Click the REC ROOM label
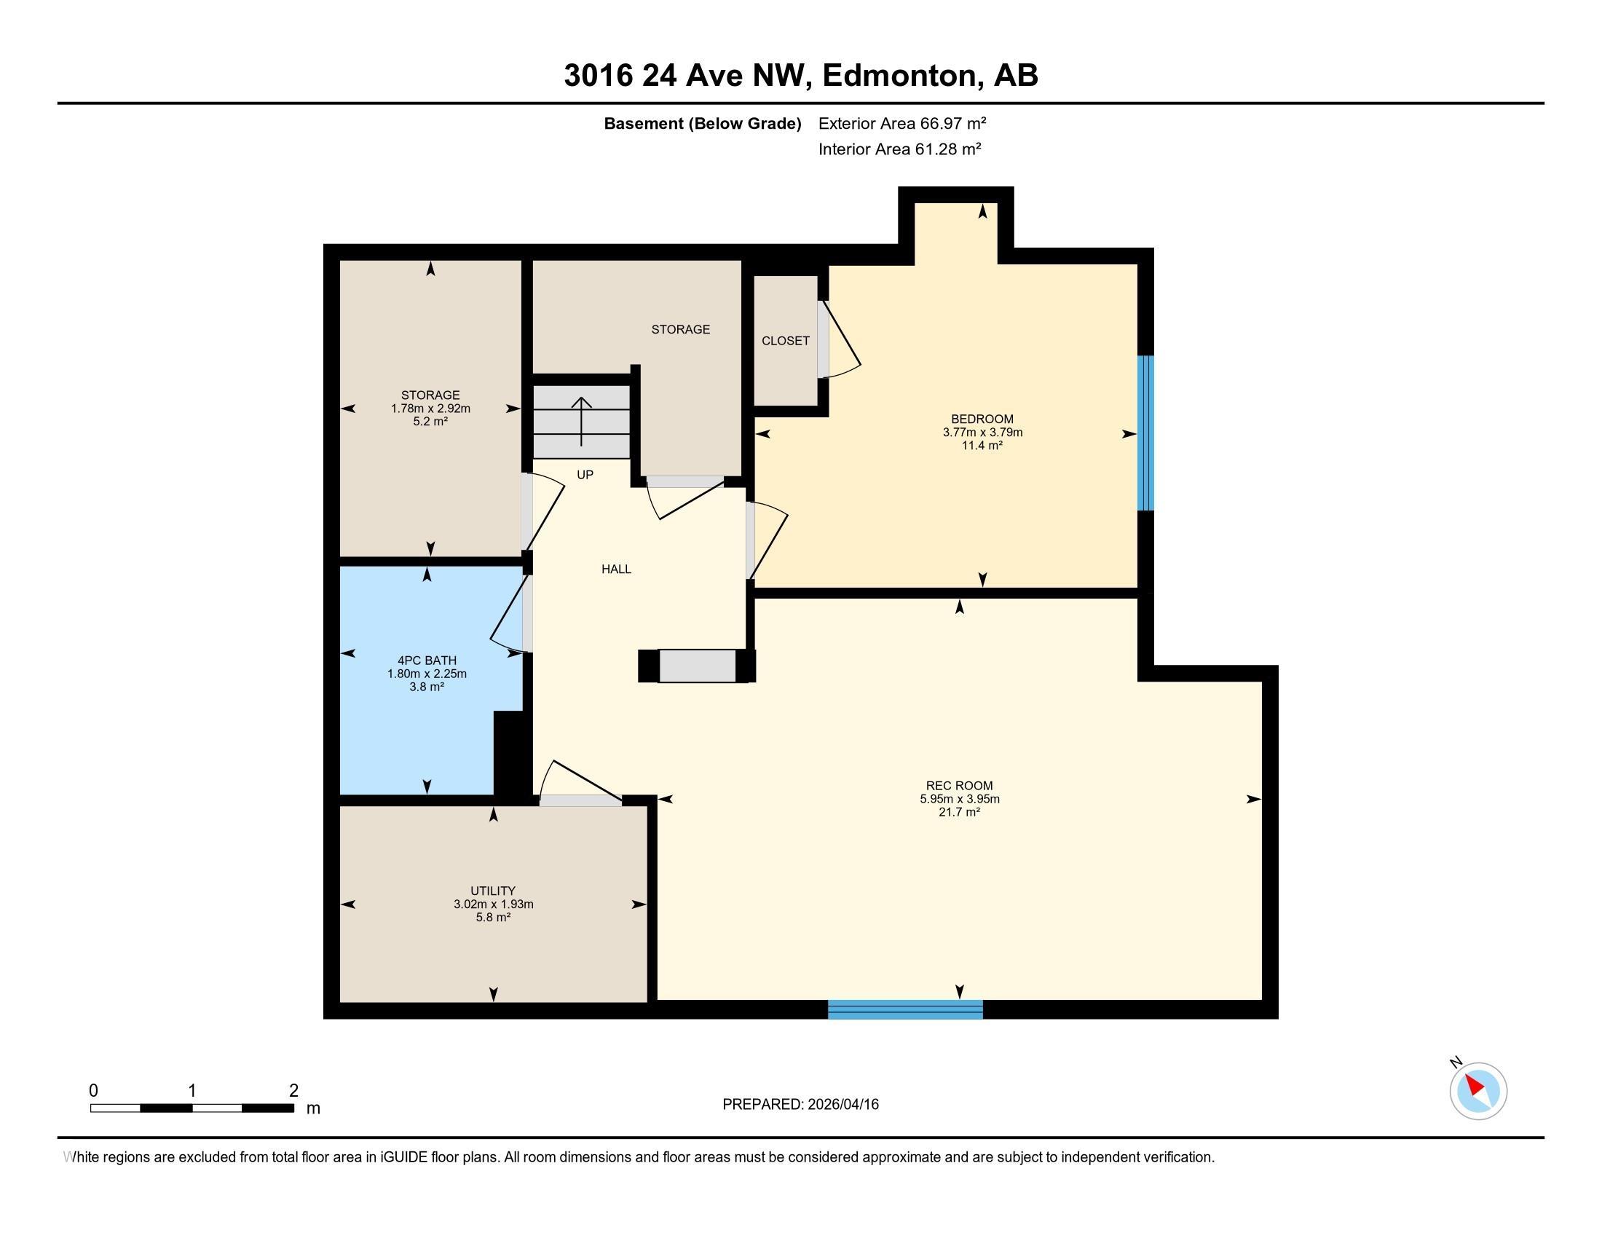pyautogui.click(x=960, y=786)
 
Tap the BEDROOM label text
pyautogui.click(x=982, y=419)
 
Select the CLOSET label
pyautogui.click(x=786, y=341)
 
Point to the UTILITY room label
pyautogui.click(x=493, y=891)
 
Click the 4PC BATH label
pyautogui.click(x=427, y=661)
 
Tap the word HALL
pyautogui.click(x=616, y=569)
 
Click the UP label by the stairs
pyautogui.click(x=585, y=475)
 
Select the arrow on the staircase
pyautogui.click(x=582, y=422)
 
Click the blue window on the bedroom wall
pyautogui.click(x=1145, y=433)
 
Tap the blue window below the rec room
pyautogui.click(x=905, y=1009)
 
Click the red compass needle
pyautogui.click(x=1475, y=1086)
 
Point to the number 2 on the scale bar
pyautogui.click(x=293, y=1091)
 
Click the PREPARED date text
pyautogui.click(x=800, y=1105)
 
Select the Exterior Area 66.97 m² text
pyautogui.click(x=902, y=123)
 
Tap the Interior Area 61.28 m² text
pyautogui.click(x=900, y=149)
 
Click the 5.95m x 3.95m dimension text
pyautogui.click(x=960, y=799)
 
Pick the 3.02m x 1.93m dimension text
pyautogui.click(x=493, y=904)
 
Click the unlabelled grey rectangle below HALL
pyautogui.click(x=697, y=666)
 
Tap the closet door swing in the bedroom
pyautogui.click(x=840, y=339)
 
